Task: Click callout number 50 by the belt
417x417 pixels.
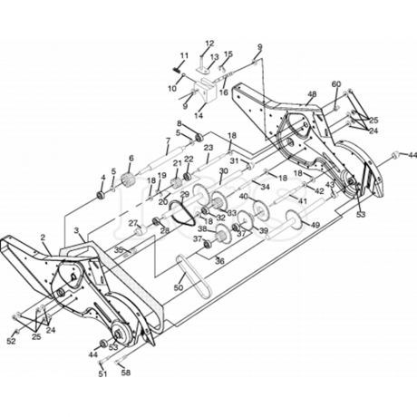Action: tap(178, 288)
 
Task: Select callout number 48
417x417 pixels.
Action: tap(312, 94)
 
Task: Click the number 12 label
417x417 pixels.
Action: tap(208, 43)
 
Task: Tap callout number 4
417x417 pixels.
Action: tap(102, 177)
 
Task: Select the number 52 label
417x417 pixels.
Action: tap(11, 341)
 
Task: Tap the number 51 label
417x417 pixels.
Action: tap(102, 373)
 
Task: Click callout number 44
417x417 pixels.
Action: tap(93, 355)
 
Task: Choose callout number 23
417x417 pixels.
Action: tap(208, 146)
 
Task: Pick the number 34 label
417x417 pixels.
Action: tap(266, 187)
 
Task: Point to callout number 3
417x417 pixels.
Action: tap(78, 232)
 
